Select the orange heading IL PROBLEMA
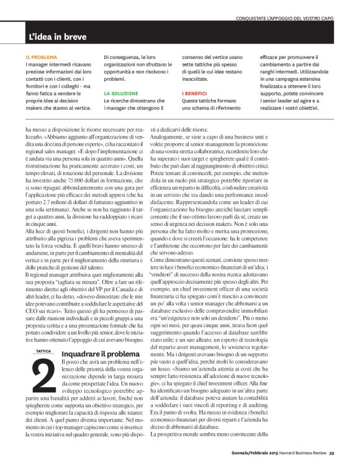[x=41, y=56]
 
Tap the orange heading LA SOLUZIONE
[x=120, y=92]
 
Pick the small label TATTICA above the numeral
[x=44, y=352]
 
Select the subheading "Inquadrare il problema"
[x=97, y=354]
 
